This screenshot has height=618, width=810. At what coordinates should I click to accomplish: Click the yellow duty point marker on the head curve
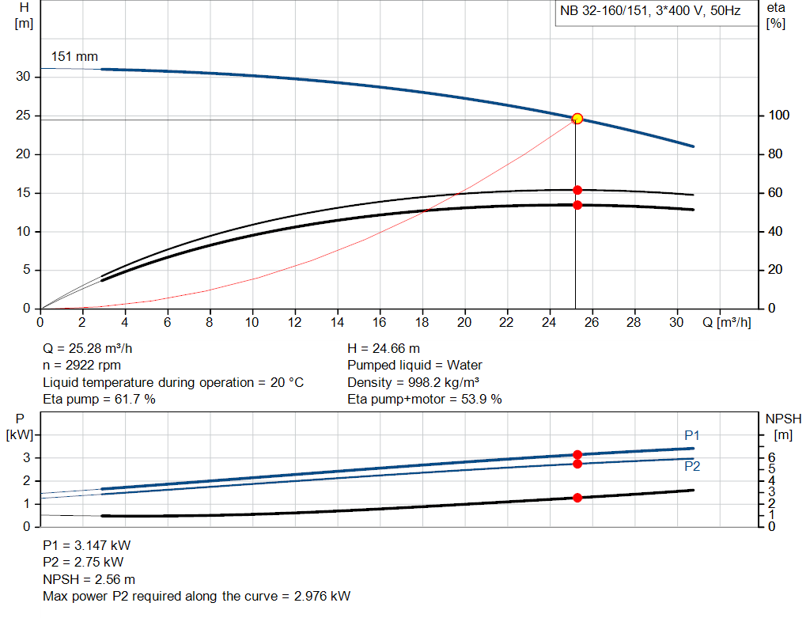(x=577, y=119)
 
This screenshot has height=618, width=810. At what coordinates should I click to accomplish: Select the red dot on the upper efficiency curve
(x=577, y=190)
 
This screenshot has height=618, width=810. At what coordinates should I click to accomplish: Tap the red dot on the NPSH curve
(x=577, y=498)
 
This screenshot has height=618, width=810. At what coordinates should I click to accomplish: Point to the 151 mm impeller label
(x=74, y=57)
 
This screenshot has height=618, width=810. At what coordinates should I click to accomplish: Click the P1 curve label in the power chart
(x=692, y=435)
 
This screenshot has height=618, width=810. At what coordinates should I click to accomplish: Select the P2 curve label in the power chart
(x=692, y=467)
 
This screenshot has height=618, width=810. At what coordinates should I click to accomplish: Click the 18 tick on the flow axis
(x=422, y=322)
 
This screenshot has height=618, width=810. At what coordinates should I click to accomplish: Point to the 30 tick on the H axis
(x=24, y=77)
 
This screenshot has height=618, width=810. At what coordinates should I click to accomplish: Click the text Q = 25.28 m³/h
(x=93, y=348)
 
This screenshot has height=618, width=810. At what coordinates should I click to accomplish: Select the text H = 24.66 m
(x=384, y=348)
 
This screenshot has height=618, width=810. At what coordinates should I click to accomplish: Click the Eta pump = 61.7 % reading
(x=99, y=400)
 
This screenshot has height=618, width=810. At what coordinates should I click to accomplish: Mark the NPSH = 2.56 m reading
(x=89, y=579)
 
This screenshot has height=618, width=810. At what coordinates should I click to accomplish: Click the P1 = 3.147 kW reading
(x=85, y=546)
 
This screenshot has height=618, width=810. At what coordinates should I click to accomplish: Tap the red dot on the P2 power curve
(x=577, y=464)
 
